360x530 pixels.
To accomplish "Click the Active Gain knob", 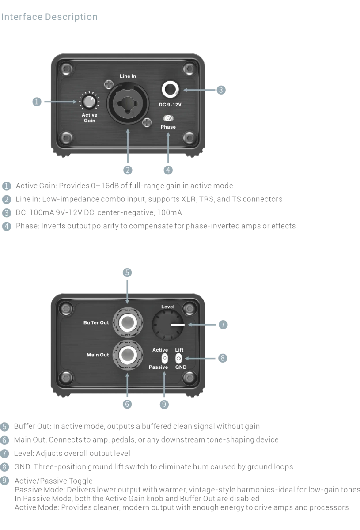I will click(89, 102).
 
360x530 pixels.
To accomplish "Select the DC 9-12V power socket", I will click(171, 89).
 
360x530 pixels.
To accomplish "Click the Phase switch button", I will click(168, 118).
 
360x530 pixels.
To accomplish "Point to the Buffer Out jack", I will click(127, 322).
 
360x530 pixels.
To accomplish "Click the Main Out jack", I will click(127, 355).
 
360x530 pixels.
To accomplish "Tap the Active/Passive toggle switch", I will click(164, 358).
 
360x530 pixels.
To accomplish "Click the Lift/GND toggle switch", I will click(179, 358).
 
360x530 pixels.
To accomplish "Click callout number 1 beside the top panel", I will click(37, 102).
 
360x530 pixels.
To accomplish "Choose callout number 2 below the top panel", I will click(127, 170).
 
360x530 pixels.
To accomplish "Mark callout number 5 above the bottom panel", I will click(127, 273).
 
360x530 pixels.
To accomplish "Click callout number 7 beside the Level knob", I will click(223, 325).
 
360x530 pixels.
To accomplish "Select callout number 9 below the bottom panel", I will click(164, 404).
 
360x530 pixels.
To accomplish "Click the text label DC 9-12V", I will click(171, 105).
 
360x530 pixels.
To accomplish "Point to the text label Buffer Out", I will click(96, 322).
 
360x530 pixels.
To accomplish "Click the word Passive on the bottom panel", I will click(158, 367).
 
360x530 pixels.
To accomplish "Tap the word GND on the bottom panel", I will click(181, 367).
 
